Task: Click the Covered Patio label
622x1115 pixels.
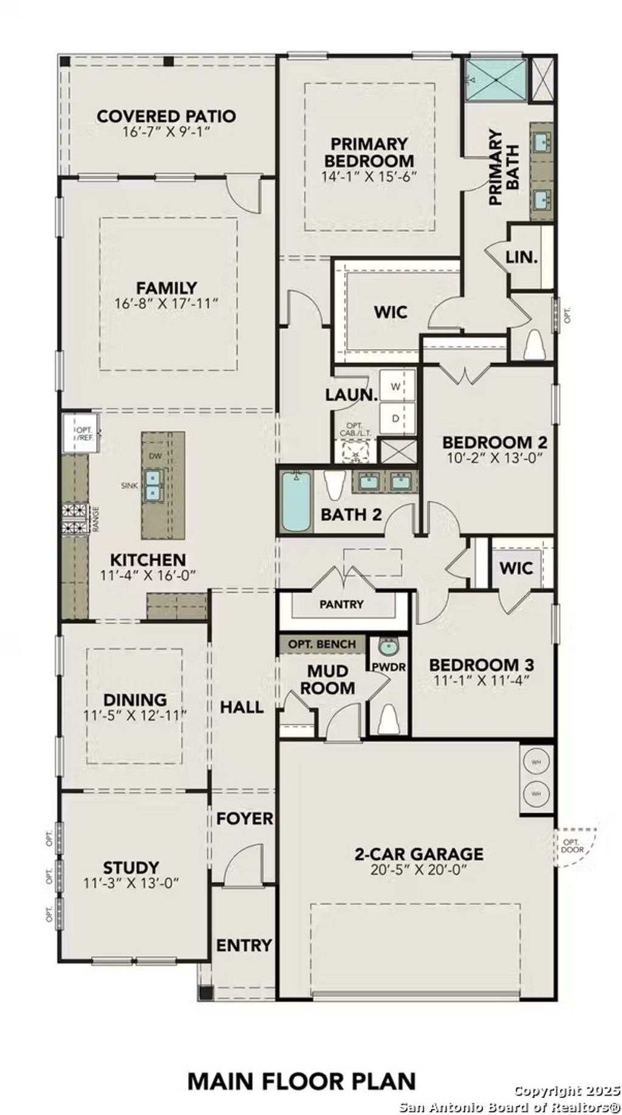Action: click(166, 116)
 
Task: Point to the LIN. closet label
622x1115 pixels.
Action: click(521, 257)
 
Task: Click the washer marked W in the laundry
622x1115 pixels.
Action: click(396, 387)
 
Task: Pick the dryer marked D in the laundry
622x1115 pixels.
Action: click(396, 418)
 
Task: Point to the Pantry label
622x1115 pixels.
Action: click(341, 605)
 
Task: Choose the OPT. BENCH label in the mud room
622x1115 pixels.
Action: click(323, 644)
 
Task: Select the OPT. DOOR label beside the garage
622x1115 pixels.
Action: click(573, 846)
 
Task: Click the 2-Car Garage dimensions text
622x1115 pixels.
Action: click(419, 870)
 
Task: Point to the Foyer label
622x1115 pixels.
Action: click(245, 819)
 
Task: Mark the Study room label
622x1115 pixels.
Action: click(131, 867)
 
